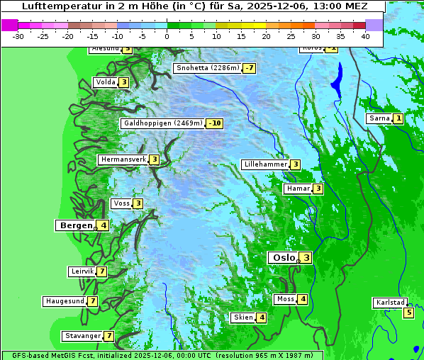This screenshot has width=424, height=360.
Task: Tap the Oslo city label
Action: point(282,258)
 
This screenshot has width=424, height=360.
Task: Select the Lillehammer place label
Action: point(265,164)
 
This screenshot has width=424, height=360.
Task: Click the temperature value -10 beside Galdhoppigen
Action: point(215,123)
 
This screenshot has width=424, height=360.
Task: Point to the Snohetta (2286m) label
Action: point(206,68)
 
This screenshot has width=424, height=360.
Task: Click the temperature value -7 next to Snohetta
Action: point(249,68)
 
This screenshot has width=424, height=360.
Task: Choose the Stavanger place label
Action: point(82,336)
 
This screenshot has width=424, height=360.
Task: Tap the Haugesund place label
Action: point(65,301)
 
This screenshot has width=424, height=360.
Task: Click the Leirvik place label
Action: point(82,271)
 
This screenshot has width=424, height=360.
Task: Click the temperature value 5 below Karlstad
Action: point(408,313)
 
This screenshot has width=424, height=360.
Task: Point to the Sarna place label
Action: point(379,118)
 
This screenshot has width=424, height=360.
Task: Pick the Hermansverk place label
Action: point(123,159)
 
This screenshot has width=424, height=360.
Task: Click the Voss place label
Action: point(121,203)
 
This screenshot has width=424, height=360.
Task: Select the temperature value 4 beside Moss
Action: point(303,299)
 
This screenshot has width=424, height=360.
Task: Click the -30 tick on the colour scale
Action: point(18,36)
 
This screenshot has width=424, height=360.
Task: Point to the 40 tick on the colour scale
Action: point(365,36)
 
